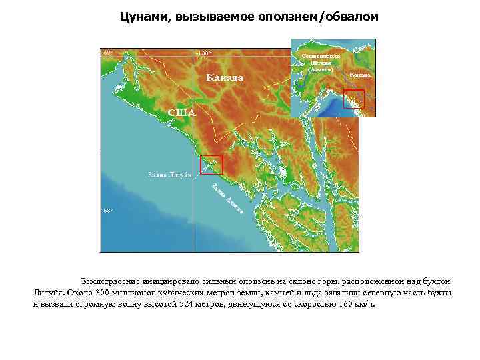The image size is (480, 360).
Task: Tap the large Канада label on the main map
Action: [225, 78]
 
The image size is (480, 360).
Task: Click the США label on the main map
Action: [181, 112]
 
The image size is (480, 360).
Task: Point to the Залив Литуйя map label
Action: [169, 175]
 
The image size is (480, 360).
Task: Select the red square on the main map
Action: [211, 165]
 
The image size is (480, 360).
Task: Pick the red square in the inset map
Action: [353, 99]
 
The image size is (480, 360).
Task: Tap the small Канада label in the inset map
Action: [359, 75]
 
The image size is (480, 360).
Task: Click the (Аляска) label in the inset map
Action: [321, 68]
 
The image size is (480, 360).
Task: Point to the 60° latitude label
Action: [107, 53]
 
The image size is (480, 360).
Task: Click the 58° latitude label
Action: [107, 211]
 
